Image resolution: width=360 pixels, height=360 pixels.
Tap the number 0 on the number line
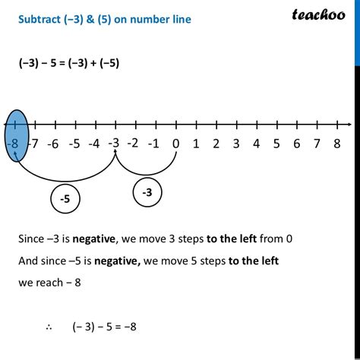[x=175, y=144]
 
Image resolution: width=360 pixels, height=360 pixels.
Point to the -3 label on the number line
[x=113, y=142]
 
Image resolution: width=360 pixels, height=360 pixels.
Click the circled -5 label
[x=66, y=199]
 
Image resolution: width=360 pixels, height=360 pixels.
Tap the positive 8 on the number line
[x=336, y=144]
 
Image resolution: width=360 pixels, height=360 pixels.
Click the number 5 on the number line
[x=276, y=144]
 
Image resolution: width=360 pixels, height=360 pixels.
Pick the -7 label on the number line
[x=33, y=144]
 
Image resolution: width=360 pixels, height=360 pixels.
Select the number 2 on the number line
[x=216, y=144]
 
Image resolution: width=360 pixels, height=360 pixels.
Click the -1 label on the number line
[x=154, y=144]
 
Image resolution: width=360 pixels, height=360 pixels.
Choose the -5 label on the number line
[x=74, y=144]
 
